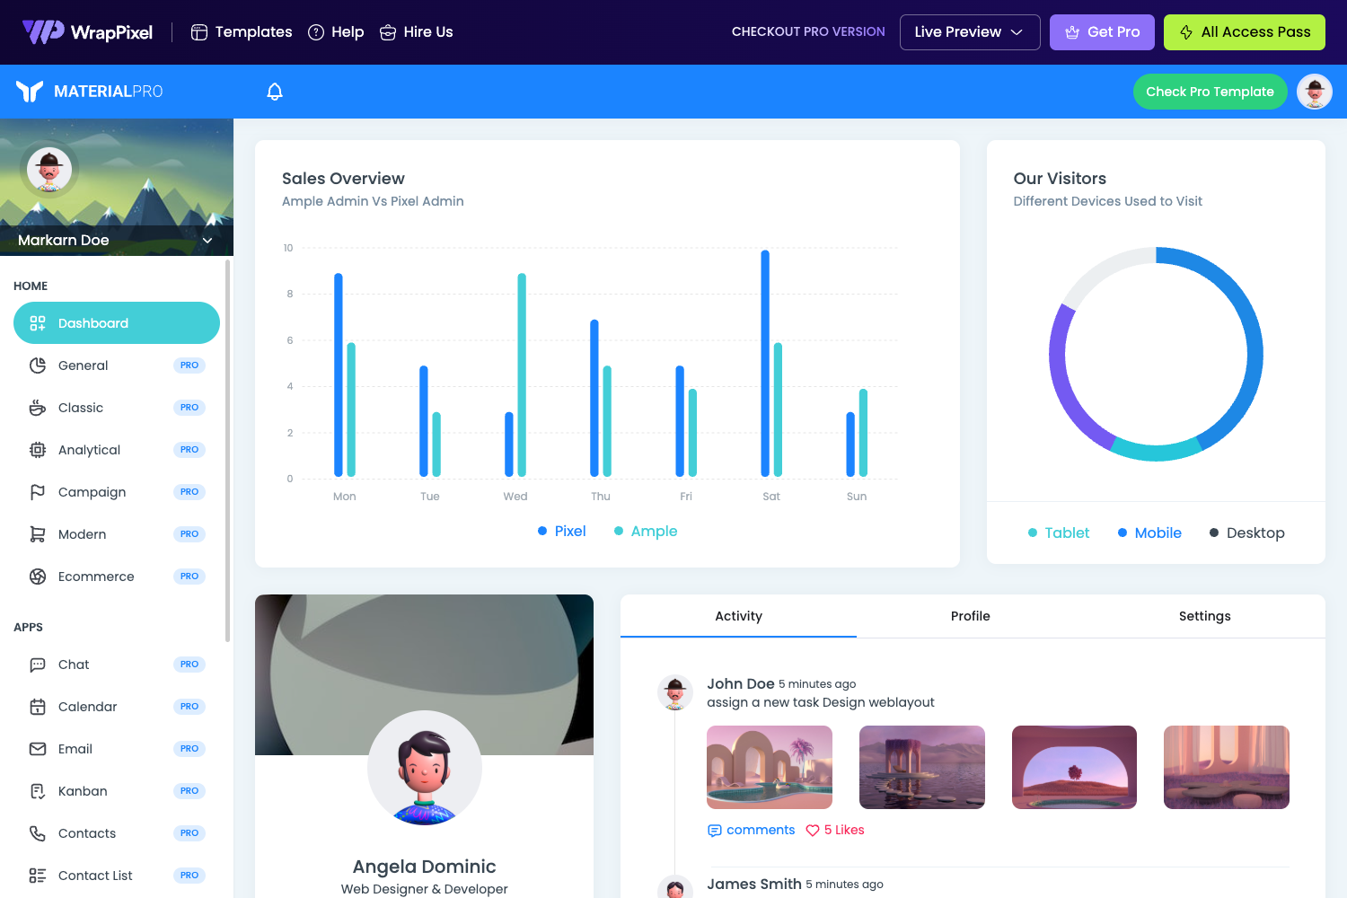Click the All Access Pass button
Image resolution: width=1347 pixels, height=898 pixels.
(1244, 32)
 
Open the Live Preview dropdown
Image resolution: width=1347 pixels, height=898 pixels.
(969, 32)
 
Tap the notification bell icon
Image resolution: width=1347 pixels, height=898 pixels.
(275, 92)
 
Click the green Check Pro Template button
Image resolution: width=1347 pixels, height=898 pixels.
(1209, 92)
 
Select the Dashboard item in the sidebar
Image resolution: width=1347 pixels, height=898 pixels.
(117, 323)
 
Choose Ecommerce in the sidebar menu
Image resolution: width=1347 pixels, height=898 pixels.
(96, 577)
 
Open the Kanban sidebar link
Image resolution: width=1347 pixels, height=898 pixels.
(83, 791)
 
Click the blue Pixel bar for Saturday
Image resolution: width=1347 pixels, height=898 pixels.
(765, 363)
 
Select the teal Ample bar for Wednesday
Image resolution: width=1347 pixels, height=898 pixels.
(522, 374)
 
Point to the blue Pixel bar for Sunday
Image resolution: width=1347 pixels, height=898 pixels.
(850, 445)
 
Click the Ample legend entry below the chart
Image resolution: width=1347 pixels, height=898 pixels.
(646, 532)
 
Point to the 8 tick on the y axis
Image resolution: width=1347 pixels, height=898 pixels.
(290, 294)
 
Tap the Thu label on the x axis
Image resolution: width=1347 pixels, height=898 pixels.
(601, 497)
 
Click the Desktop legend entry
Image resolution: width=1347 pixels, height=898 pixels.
(1247, 533)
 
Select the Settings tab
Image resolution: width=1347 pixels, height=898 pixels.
(1204, 616)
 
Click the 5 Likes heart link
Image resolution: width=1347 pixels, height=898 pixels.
(835, 831)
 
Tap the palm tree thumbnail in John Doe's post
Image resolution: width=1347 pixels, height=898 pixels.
(770, 767)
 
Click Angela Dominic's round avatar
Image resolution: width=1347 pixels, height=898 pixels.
(425, 768)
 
